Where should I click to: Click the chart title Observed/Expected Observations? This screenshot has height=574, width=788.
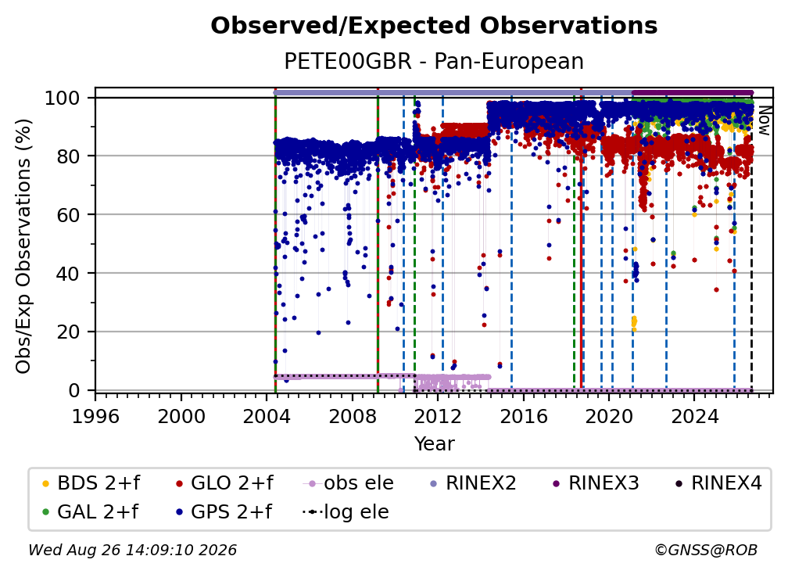click(x=434, y=26)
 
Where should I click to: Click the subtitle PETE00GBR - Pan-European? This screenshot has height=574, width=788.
click(x=434, y=61)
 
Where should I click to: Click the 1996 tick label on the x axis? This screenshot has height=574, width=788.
click(x=95, y=417)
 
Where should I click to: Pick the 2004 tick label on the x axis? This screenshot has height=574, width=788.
click(x=267, y=417)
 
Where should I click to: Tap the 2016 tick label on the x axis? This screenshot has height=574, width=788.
click(x=523, y=417)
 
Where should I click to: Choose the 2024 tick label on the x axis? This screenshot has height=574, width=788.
click(x=694, y=417)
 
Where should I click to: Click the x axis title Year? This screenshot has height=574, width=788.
click(x=434, y=444)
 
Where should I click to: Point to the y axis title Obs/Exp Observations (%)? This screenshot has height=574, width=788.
click(x=23, y=246)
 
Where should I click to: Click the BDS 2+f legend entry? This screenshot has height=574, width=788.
click(x=91, y=483)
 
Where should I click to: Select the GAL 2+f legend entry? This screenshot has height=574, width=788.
click(x=90, y=512)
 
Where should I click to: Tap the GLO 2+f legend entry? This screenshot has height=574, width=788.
click(x=224, y=483)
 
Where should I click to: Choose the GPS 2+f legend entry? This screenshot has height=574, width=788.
click(x=224, y=512)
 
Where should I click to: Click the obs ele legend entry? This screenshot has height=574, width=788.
click(x=348, y=483)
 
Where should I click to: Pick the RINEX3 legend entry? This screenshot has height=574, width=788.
click(x=595, y=483)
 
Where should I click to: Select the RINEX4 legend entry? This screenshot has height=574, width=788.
click(x=718, y=483)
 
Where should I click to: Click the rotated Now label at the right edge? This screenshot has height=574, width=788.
click(x=764, y=120)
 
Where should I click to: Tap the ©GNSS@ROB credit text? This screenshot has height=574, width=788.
click(x=706, y=551)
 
